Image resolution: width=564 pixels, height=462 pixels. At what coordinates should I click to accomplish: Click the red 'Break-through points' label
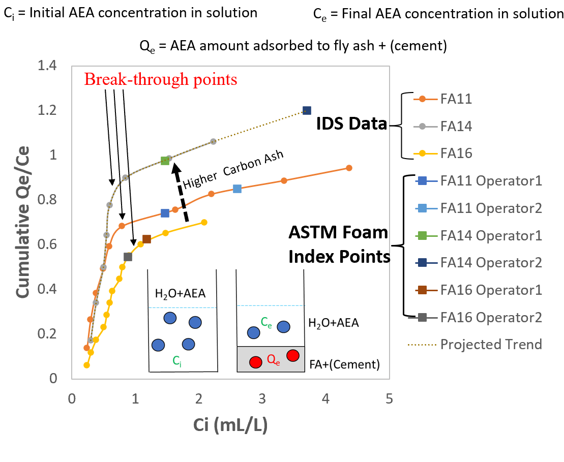click(161, 79)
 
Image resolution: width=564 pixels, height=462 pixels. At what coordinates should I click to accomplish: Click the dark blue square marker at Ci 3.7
click(307, 110)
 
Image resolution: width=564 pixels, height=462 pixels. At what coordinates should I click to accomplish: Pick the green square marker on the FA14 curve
click(165, 161)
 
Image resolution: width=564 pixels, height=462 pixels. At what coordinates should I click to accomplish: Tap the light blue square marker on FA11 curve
click(237, 189)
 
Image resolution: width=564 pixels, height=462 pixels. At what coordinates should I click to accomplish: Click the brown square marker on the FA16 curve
click(146, 239)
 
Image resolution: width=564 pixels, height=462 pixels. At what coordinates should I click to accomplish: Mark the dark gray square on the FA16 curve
click(128, 257)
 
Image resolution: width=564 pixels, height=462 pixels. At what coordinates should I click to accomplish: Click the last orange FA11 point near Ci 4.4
click(349, 168)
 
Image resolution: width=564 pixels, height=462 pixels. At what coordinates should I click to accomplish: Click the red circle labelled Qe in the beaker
click(256, 362)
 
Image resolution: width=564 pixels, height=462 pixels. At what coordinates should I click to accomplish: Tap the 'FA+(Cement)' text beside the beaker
click(344, 364)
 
